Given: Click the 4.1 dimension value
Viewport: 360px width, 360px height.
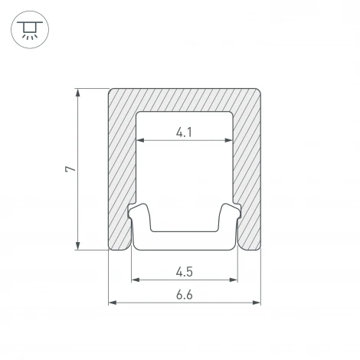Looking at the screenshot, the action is [184, 133].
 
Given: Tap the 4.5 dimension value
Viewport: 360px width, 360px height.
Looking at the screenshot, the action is [184, 272].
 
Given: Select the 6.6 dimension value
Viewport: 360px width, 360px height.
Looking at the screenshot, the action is [184, 295].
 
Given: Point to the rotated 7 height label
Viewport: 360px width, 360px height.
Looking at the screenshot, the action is [70, 169].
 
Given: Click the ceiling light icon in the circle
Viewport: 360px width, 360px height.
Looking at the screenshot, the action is [30, 30].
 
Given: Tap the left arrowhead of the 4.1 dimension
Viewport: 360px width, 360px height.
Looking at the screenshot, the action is [140, 140].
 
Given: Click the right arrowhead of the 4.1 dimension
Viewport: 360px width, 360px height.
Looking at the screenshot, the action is [228, 140].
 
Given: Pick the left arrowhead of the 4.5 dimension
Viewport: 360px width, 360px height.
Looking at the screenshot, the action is [136, 280].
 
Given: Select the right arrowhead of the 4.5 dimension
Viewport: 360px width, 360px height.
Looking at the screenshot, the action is [234, 280].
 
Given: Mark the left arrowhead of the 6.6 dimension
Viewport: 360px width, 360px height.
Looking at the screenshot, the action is [113, 303].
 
